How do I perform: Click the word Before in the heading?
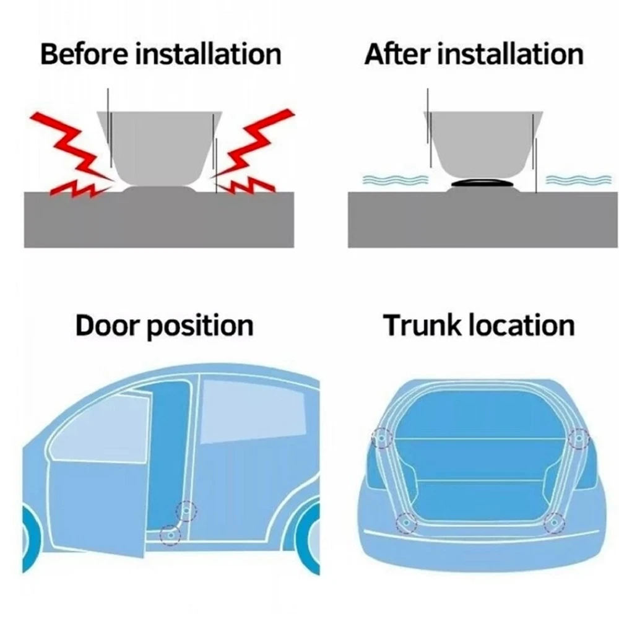pyautogui.click(x=84, y=54)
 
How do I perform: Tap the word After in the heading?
pyautogui.click(x=397, y=54)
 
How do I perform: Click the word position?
pyautogui.click(x=201, y=327)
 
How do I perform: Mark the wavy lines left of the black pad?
pyautogui.click(x=395, y=180)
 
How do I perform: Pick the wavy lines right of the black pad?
pyautogui.click(x=578, y=180)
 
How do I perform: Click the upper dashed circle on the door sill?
pyautogui.click(x=186, y=511)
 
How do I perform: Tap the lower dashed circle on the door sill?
pyautogui.click(x=170, y=535)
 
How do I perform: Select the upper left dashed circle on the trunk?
pyautogui.click(x=382, y=438)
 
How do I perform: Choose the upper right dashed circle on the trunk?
pyautogui.click(x=579, y=438)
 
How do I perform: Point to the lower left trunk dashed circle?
pyautogui.click(x=406, y=522)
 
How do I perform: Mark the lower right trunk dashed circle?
pyautogui.click(x=554, y=523)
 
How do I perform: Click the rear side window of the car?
pyautogui.click(x=253, y=410)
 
